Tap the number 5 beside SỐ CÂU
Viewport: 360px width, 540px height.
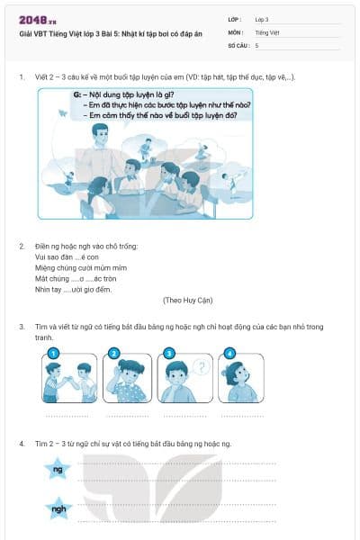pos(257,44)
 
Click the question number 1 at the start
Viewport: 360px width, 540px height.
pos(22,77)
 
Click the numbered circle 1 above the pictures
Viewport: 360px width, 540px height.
pos(53,353)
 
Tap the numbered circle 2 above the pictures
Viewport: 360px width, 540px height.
pos(114,353)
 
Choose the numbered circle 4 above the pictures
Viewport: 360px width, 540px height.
pos(229,353)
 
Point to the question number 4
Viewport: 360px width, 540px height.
pos(22,445)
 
